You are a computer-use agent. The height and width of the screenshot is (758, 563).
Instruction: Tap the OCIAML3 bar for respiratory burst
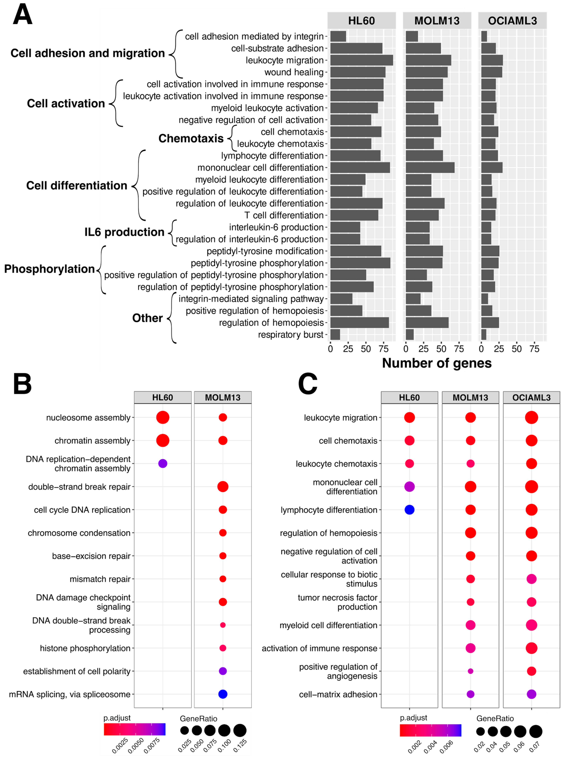484,335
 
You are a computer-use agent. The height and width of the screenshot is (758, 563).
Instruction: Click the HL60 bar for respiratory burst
335,335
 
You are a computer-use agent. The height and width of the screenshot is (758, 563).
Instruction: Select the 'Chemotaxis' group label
191,139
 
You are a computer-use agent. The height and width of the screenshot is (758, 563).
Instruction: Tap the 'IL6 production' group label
124,232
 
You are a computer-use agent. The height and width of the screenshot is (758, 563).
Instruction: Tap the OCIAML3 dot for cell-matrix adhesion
531,694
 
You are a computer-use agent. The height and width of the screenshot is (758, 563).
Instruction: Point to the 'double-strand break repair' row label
79,487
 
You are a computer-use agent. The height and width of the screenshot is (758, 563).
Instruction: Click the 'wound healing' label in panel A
294,72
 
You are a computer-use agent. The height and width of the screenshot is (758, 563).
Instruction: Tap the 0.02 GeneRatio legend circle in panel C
480,731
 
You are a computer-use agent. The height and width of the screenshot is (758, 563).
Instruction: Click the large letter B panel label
23,384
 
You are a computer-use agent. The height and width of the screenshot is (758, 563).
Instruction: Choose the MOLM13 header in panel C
470,398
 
